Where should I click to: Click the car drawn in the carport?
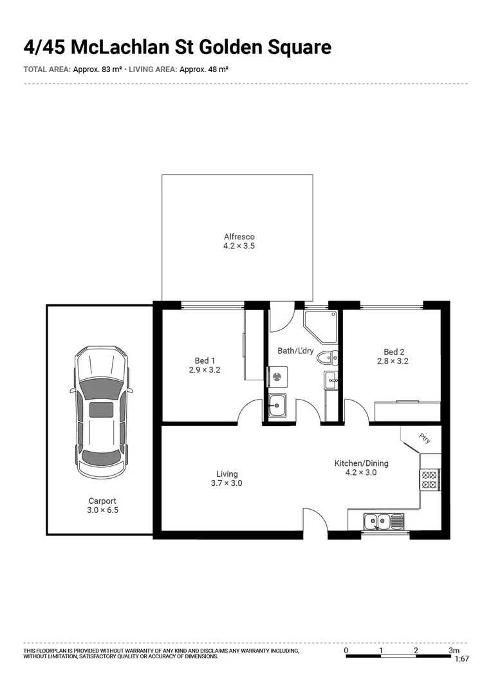(x=100, y=412)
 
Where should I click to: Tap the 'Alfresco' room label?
(x=239, y=237)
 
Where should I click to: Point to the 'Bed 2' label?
(x=394, y=352)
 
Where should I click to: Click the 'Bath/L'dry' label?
(x=295, y=351)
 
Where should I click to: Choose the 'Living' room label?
(x=227, y=474)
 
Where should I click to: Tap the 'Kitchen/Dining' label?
(x=361, y=463)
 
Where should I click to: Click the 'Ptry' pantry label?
(x=424, y=439)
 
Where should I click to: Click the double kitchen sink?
(x=383, y=520)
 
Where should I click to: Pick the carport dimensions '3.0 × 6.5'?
(x=103, y=510)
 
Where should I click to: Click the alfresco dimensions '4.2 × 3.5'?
(x=239, y=246)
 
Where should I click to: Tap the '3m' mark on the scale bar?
(x=454, y=650)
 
